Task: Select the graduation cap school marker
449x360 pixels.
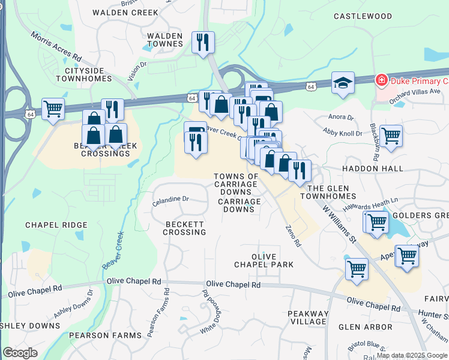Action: click(x=343, y=83)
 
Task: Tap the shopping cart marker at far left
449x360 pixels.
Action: click(x=53, y=109)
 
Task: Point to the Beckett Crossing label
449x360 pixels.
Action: click(x=185, y=227)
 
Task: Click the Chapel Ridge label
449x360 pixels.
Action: click(x=56, y=225)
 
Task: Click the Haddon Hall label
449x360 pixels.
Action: click(x=373, y=169)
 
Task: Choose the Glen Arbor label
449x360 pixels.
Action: click(x=365, y=327)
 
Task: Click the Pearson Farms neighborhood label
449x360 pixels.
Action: click(x=100, y=335)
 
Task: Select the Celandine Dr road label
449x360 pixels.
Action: click(x=170, y=199)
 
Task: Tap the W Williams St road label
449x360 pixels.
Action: click(x=340, y=224)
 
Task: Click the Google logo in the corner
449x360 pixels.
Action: click(x=20, y=353)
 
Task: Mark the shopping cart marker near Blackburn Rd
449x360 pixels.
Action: click(x=391, y=136)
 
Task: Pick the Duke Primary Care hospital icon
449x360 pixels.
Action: click(x=381, y=80)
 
